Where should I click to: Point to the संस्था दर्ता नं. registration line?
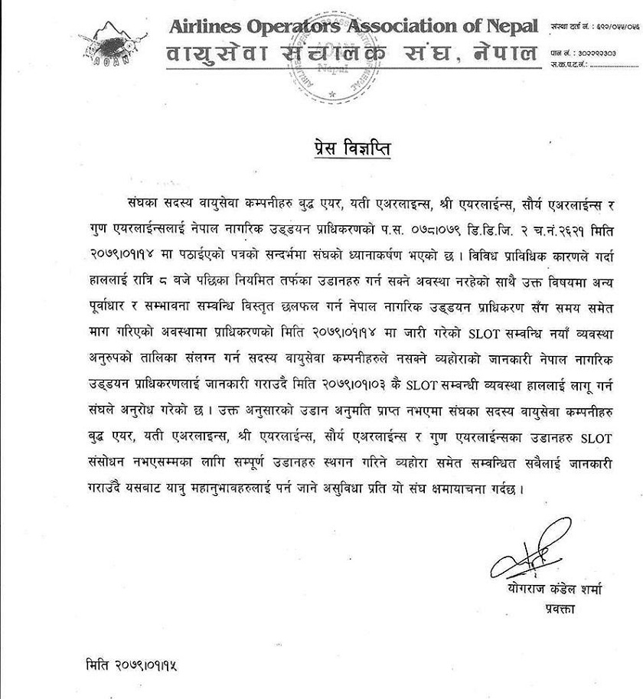594,28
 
